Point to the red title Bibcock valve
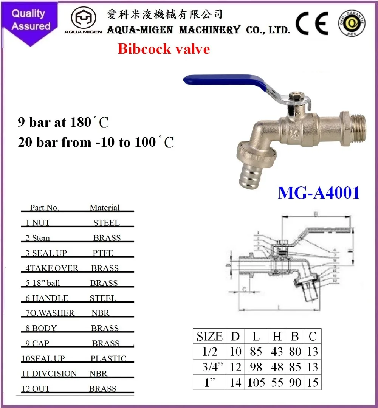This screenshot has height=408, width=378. (164, 49)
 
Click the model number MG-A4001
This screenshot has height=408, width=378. (318, 193)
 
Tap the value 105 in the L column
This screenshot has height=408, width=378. (257, 382)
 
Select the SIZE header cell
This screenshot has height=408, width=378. (209, 336)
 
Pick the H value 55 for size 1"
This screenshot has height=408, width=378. (277, 382)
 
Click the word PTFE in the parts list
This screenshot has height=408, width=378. (103, 253)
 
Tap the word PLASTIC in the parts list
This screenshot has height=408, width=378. (108, 358)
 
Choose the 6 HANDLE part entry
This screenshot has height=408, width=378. (47, 298)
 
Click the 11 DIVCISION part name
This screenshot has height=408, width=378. (49, 374)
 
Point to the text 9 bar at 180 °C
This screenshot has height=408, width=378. (63, 122)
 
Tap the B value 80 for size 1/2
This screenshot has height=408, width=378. (295, 352)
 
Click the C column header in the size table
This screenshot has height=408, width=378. (313, 336)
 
